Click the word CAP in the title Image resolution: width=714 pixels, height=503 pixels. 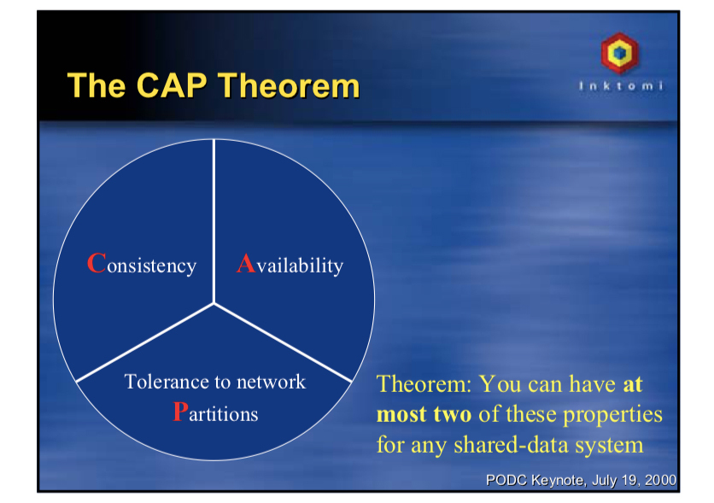pyautogui.click(x=171, y=85)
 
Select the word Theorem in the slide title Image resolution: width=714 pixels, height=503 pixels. pyautogui.click(x=289, y=85)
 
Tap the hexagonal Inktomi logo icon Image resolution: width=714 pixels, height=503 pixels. pyautogui.click(x=619, y=53)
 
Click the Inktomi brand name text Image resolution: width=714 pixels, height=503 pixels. pyautogui.click(x=621, y=85)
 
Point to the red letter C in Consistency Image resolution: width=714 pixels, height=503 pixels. pyautogui.click(x=97, y=263)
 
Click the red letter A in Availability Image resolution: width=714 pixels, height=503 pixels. pyautogui.click(x=246, y=263)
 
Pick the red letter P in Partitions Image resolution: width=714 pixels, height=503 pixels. pyautogui.click(x=180, y=412)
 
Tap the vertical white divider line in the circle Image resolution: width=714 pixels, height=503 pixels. pyautogui.click(x=214, y=221)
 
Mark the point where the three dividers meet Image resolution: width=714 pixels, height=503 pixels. pyautogui.click(x=214, y=304)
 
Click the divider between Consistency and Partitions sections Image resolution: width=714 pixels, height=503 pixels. pyautogui.click(x=145, y=342)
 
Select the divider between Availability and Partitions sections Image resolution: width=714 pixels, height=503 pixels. pyautogui.click(x=283, y=342)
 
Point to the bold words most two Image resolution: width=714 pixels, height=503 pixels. pyautogui.click(x=424, y=414)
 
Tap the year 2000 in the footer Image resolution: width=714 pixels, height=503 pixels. pyautogui.click(x=660, y=480)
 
